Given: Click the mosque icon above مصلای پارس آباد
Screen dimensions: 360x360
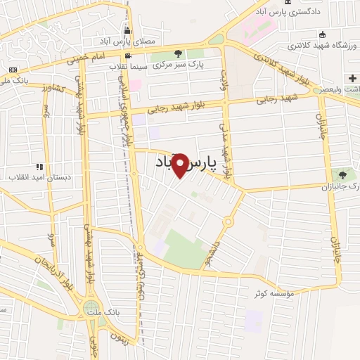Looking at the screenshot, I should (x=127, y=32).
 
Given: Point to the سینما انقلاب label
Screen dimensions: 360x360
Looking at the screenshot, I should (x=127, y=67).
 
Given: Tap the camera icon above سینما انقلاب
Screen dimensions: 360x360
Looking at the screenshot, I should (x=127, y=56).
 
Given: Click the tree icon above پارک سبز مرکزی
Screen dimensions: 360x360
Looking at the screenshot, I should (x=177, y=53).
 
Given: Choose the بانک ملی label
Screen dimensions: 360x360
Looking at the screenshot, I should (x=15, y=80).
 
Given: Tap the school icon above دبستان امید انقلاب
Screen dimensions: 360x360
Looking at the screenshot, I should (x=39, y=166).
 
